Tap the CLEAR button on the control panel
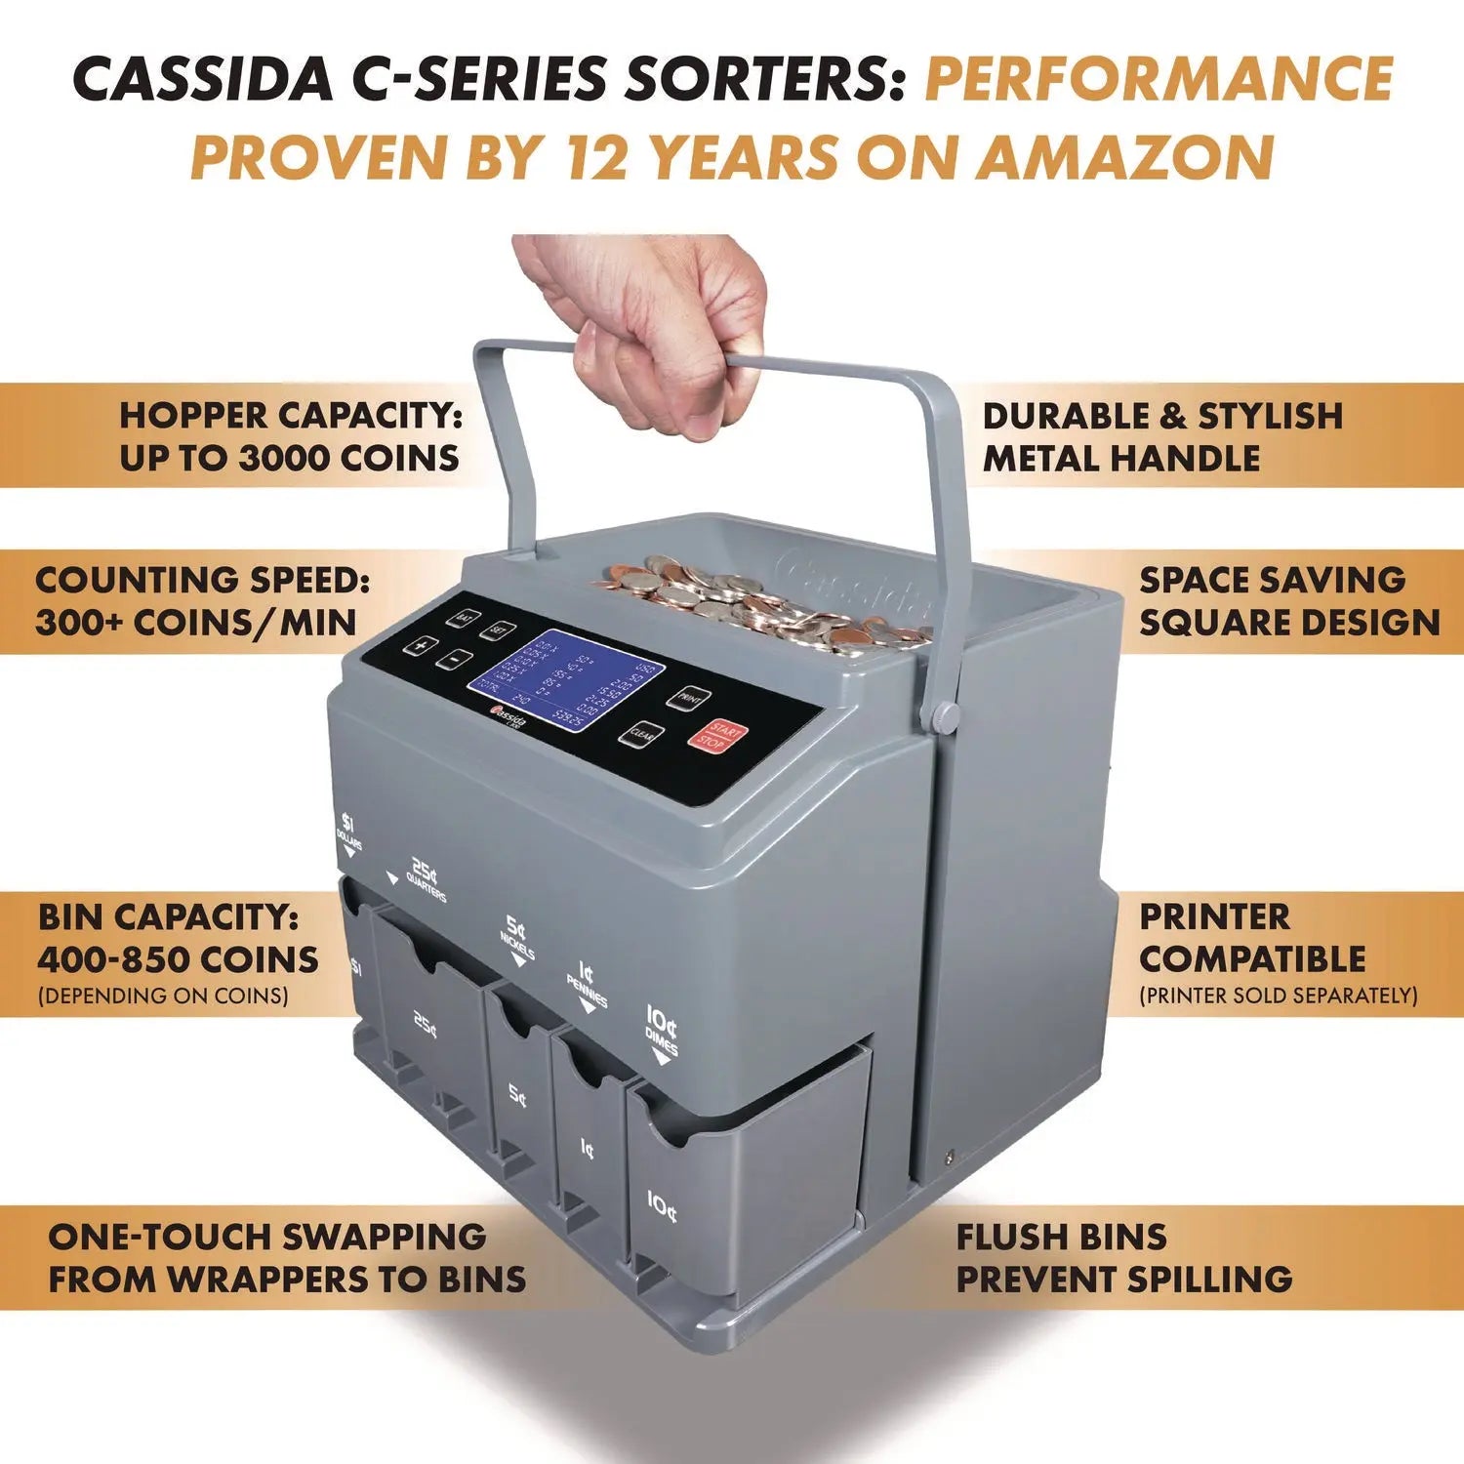point(641,734)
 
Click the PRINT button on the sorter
point(689,698)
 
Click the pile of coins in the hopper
point(761,600)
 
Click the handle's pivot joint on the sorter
point(943,717)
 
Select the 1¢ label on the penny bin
point(586,1149)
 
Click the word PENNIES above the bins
point(588,994)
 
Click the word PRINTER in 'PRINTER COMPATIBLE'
point(1214,917)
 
